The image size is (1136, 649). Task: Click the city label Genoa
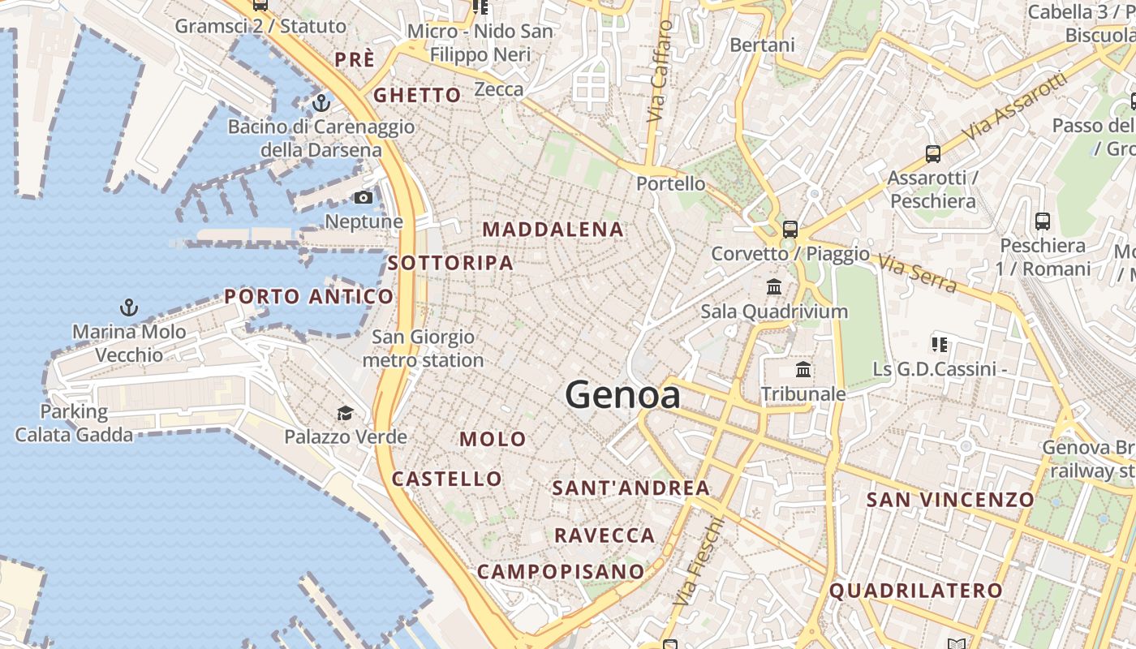(x=622, y=395)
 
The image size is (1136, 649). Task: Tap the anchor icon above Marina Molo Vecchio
(x=129, y=307)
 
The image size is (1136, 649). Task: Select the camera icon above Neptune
(x=364, y=197)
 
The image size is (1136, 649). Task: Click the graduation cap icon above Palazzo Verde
(x=345, y=413)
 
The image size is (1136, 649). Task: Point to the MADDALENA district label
(x=553, y=230)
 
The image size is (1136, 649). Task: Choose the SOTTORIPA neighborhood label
(x=450, y=263)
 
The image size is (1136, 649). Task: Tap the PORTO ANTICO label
(x=309, y=297)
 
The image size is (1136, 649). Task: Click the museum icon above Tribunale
(x=803, y=369)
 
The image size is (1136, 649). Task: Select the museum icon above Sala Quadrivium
(x=774, y=286)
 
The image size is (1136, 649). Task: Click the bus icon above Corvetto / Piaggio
(x=790, y=229)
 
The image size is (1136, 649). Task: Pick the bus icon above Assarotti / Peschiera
(x=932, y=153)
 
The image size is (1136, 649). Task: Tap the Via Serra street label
(x=918, y=272)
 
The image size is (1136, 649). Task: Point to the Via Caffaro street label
(x=661, y=71)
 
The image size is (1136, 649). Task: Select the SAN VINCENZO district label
(x=950, y=500)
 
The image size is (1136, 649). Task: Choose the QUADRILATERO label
(x=915, y=591)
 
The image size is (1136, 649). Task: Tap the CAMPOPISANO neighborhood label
(x=560, y=572)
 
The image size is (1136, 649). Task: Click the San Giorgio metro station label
(x=423, y=348)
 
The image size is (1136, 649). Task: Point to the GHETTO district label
(x=417, y=95)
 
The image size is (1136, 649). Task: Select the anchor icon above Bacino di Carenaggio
(x=321, y=103)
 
